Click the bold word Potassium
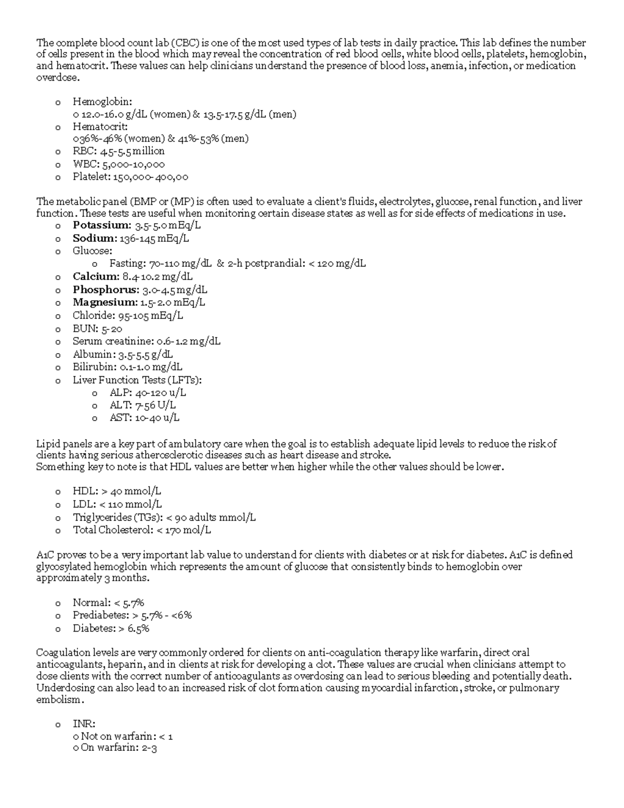point(101,225)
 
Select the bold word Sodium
point(95,238)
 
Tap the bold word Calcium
point(95,276)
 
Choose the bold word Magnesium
point(105,302)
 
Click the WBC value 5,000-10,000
point(134,164)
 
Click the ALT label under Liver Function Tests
point(120,405)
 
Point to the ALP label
point(120,392)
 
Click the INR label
point(84,724)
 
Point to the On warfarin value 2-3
point(149,749)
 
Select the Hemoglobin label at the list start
point(102,101)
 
